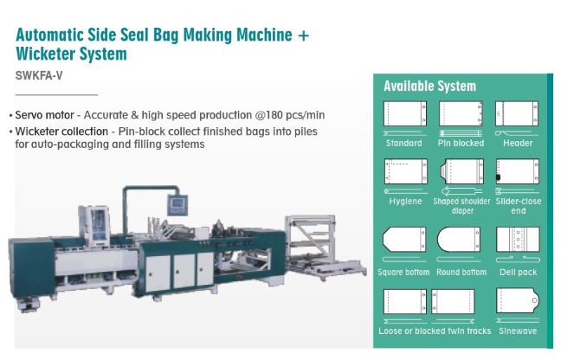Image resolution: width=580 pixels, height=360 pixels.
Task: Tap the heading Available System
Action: tap(429, 86)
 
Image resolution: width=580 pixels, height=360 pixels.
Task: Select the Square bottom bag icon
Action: tap(403, 241)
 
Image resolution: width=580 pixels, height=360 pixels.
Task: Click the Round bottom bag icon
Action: tap(461, 241)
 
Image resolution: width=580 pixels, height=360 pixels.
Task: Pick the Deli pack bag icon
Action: tap(518, 240)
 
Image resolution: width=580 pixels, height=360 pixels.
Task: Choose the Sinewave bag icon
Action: tap(518, 300)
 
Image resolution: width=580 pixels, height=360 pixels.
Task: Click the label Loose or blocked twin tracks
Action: tap(435, 331)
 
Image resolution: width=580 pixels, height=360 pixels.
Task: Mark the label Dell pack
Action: tap(518, 272)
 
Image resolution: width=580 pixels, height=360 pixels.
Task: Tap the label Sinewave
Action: tap(518, 331)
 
